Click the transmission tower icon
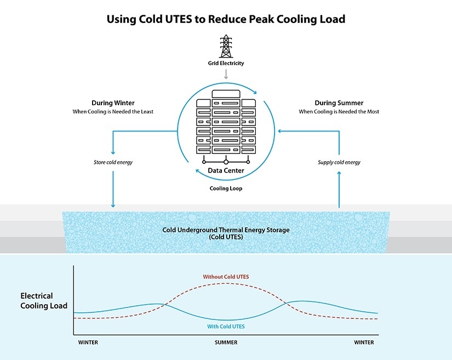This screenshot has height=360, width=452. pos(225,46)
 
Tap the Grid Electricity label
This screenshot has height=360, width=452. pos(226,64)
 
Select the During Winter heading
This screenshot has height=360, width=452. pos(113,103)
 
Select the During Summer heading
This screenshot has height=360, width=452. pos(339,103)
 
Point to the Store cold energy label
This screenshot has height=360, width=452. pos(113,162)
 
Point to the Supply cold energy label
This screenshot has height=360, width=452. pos(339,162)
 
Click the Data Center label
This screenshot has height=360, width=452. pos(226,171)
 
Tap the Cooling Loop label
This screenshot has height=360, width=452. pos(226,188)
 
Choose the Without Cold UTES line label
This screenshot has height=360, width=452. pos(226,277)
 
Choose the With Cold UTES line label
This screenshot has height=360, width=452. pos(226,327)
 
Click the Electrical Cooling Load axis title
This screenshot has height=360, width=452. pos(44,301)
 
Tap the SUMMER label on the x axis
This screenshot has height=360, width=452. pos(226,342)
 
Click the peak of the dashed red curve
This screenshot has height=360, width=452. pos(226,283)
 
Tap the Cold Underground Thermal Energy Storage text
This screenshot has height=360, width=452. pos(226,230)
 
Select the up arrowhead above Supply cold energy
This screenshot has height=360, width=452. pos(339,174)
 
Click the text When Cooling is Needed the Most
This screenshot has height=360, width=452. pos(339,112)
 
